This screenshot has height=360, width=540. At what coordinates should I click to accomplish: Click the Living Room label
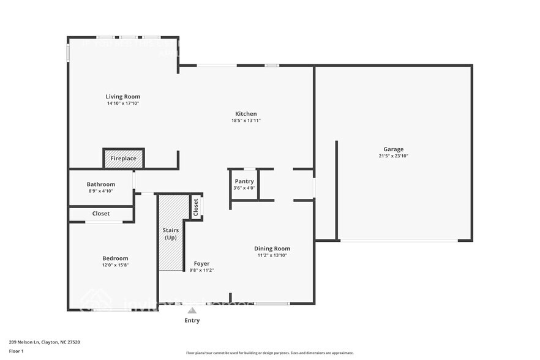point(122,96)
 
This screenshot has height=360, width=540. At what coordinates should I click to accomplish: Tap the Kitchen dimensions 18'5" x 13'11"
point(246,121)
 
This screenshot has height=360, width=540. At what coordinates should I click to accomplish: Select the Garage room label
point(393,149)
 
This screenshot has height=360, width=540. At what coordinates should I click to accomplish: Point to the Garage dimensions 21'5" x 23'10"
point(393,156)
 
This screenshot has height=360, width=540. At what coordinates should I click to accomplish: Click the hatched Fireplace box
point(124,159)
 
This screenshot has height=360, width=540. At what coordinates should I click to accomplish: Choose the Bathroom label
point(101,184)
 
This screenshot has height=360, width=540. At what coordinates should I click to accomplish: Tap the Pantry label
point(244,181)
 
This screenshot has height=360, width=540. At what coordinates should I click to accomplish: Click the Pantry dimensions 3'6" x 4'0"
point(244,188)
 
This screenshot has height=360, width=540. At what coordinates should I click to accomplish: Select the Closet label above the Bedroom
point(101,214)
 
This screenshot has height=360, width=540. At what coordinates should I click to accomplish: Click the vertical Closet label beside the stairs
point(196,206)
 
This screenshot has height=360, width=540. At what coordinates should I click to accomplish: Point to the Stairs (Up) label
point(171,234)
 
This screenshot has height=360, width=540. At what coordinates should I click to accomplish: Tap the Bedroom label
point(114,258)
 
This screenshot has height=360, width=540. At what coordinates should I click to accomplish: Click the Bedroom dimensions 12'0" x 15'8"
point(114,265)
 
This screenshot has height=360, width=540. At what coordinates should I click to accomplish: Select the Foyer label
point(201,263)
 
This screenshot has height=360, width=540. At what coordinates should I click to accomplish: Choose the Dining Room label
point(272,248)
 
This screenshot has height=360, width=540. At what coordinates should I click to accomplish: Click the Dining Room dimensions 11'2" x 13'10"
point(272,255)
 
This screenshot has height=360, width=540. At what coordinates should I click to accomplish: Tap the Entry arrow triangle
point(192,310)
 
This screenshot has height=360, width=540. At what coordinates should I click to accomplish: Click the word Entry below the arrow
point(192,320)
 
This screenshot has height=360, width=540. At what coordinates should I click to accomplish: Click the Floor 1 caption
point(16,351)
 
